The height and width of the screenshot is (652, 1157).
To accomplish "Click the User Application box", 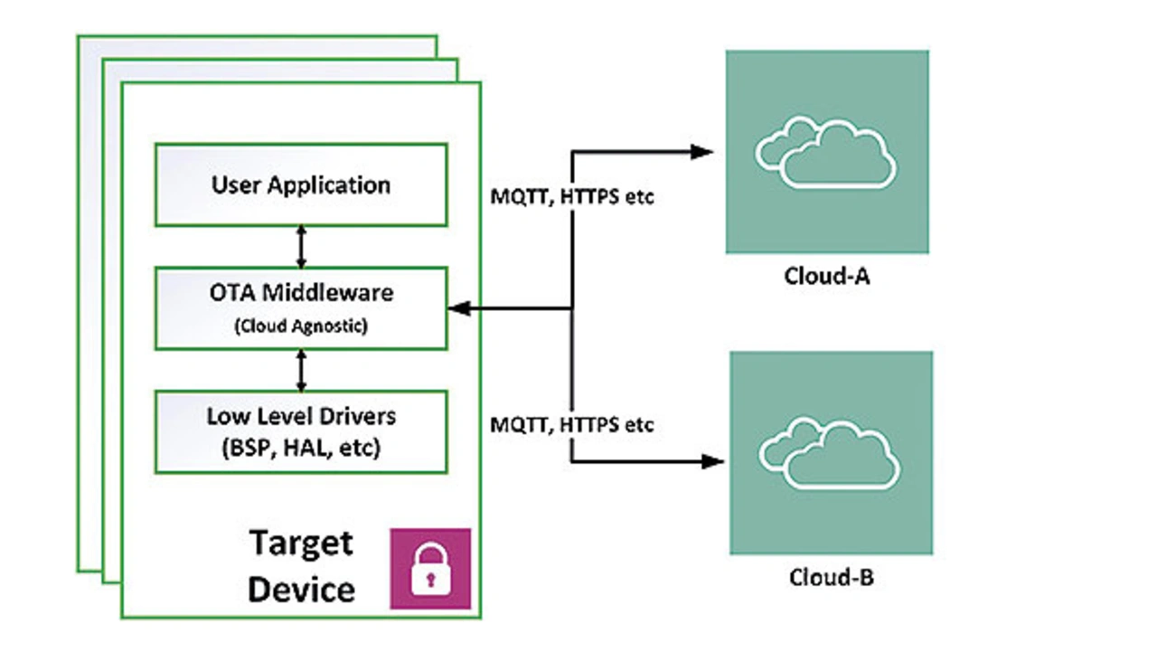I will point(301,184).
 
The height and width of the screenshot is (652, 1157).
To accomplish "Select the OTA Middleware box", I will point(301,308).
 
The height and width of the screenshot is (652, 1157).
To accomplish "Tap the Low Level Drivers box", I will point(301,431).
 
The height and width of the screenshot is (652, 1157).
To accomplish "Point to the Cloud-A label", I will point(826,276).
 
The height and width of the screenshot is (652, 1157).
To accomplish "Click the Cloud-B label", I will point(830,577).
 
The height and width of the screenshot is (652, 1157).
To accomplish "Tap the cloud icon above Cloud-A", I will point(826,153).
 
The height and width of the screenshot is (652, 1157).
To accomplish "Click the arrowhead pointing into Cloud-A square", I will point(703,152).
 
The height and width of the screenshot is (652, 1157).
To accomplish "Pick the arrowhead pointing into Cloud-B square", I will point(713,462).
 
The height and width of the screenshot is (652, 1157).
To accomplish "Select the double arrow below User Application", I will point(302,246).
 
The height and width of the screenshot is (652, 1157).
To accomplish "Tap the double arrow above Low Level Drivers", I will point(302,370).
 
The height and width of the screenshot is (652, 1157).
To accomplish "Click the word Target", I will point(301,543).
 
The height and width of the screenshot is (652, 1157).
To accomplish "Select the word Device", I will point(301,590).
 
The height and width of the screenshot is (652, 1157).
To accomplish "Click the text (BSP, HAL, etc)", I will point(301,447).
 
